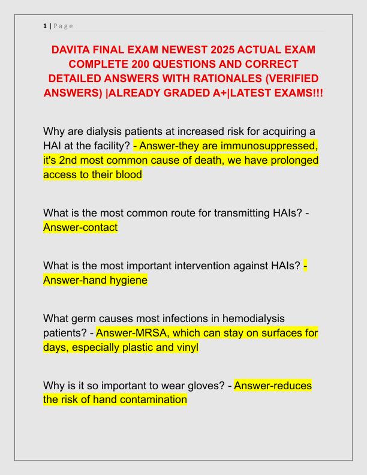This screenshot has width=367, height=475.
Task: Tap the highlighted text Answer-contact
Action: click(x=80, y=227)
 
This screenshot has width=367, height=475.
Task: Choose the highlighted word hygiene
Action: click(x=125, y=280)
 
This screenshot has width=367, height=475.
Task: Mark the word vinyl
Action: click(x=185, y=347)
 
